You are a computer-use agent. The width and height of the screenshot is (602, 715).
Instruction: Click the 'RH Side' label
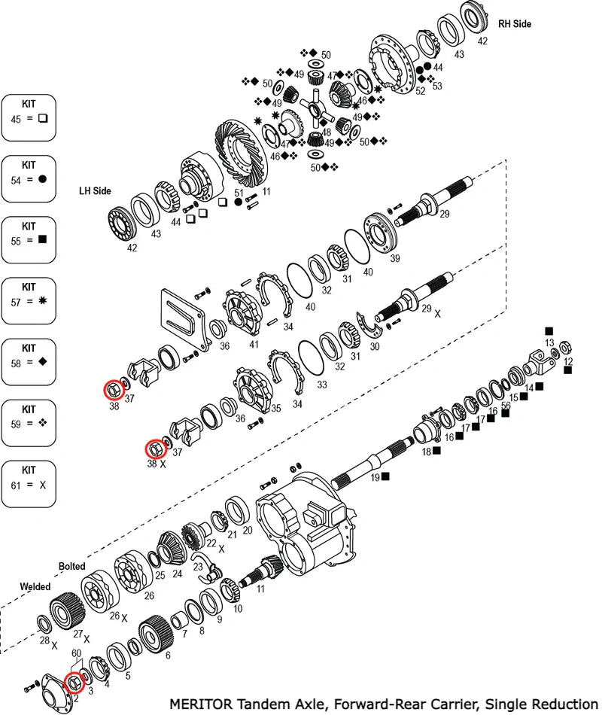coord(514,24)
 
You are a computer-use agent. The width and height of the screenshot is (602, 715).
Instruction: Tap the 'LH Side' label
coord(95,191)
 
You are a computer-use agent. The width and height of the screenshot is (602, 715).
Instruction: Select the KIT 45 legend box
coord(29,117)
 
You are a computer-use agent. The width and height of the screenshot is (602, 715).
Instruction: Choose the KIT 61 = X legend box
coord(29,482)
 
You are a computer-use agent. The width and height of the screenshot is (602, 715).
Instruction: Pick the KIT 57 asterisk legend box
coord(29,300)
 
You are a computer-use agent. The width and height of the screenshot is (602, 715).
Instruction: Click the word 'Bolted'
coord(72,566)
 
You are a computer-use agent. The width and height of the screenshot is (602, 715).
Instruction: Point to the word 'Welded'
coord(35,586)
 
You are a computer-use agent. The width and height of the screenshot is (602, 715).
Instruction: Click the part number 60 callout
coord(76,653)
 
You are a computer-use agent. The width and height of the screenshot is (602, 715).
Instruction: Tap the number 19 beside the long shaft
coord(374,476)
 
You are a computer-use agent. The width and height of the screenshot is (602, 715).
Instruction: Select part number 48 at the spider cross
coord(326,132)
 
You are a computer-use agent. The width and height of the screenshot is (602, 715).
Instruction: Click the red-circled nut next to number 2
coord(74,683)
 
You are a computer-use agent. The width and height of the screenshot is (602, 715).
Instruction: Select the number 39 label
coord(395,259)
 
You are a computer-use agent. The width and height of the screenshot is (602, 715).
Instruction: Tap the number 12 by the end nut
coord(568,361)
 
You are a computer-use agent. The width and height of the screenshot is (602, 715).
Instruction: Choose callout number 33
coord(322,385)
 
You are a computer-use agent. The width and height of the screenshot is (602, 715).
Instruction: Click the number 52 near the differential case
coord(421,91)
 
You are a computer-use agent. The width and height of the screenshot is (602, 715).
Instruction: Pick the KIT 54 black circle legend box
coord(29,178)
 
